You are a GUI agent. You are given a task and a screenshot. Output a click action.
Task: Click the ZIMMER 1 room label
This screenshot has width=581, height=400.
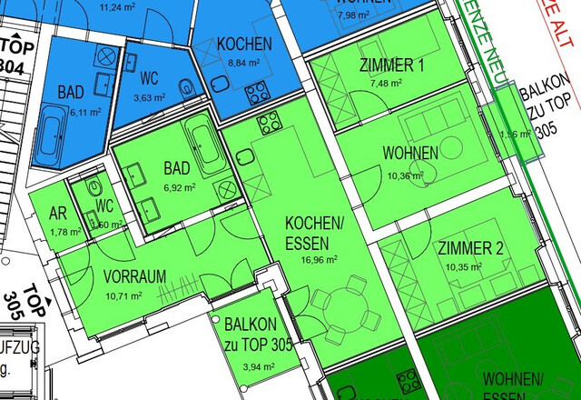391,65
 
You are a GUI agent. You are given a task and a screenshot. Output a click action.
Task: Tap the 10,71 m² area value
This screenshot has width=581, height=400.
125,295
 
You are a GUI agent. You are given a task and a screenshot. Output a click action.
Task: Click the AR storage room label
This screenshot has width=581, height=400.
58,215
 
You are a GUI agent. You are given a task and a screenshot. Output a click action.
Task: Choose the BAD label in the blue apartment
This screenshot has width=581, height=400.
71,92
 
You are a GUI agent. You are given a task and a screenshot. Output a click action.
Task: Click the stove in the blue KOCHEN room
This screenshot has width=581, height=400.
257,92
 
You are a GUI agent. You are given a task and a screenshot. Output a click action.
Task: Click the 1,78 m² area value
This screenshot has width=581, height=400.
63,232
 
